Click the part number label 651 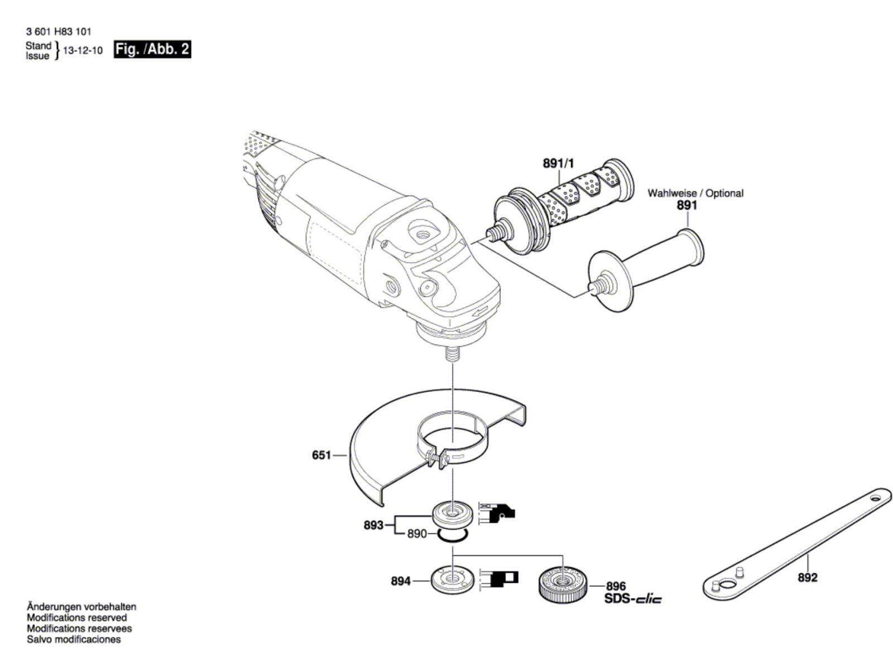[321, 456]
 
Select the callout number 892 [807, 577]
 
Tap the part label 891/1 [558, 163]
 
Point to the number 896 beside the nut [616, 586]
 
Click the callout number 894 [401, 581]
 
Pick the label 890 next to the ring [416, 534]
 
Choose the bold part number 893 [373, 525]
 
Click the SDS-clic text [633, 599]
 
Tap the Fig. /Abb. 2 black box [152, 49]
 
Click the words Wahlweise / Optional [695, 193]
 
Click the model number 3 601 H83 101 [59, 32]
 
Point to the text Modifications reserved [76, 617]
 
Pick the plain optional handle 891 [647, 262]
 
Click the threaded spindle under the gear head [453, 355]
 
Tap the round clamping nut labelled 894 [452, 579]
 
